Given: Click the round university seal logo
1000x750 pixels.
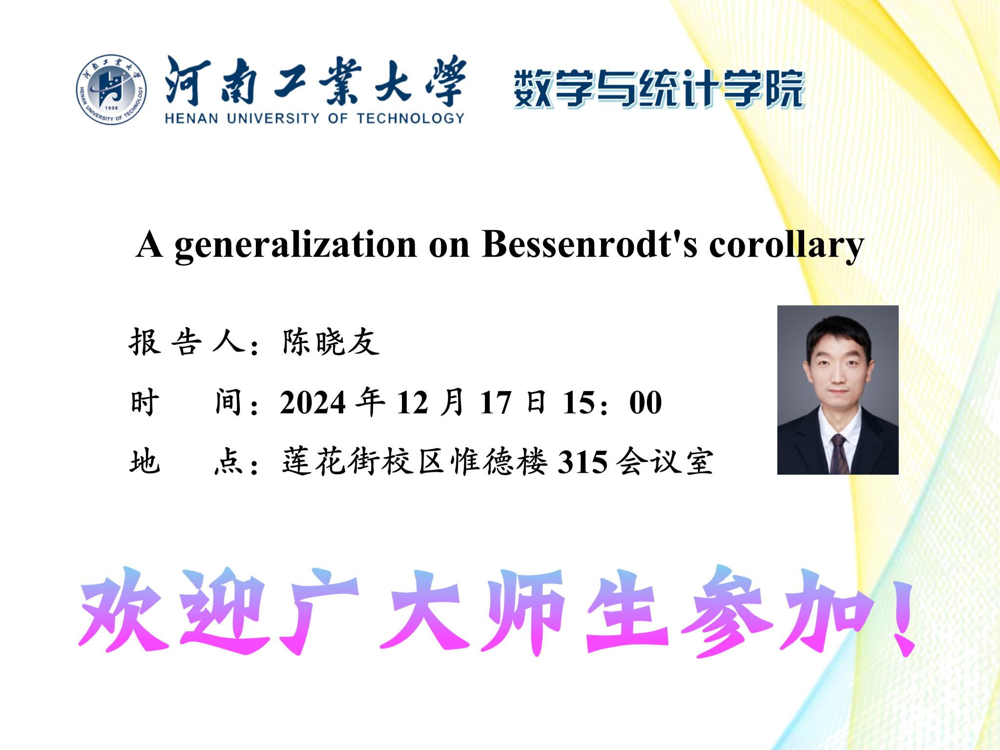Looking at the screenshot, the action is pyautogui.click(x=111, y=89).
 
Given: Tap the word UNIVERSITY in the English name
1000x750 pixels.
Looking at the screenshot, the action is pyautogui.click(x=273, y=118).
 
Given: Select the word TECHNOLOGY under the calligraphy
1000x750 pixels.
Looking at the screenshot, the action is pyautogui.click(x=411, y=118).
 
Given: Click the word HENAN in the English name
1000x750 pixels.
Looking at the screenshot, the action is pyautogui.click(x=191, y=118).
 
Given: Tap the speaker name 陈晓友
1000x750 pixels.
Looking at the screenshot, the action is pyautogui.click(x=331, y=341).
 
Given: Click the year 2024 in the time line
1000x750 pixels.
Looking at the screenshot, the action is pyautogui.click(x=313, y=403).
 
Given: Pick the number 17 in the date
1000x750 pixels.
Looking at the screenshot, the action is pyautogui.click(x=495, y=403).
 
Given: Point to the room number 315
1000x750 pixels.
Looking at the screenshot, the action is pyautogui.click(x=583, y=462).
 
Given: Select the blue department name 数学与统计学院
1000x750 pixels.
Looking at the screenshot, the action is pyautogui.click(x=659, y=89).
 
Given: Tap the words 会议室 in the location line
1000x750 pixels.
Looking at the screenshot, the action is pyautogui.click(x=665, y=462).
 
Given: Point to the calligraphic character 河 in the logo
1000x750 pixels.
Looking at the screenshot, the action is pyautogui.click(x=187, y=81).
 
